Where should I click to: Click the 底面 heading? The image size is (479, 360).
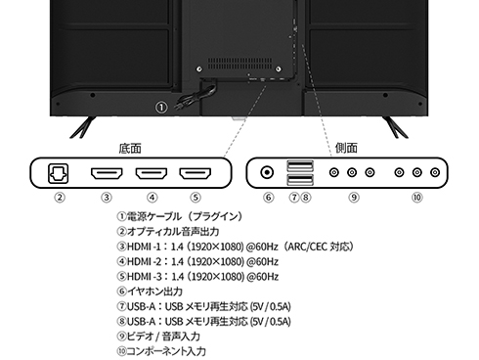click(130, 149)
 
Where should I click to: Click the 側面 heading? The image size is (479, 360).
click(346, 149)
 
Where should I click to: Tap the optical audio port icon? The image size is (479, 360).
click(60, 174)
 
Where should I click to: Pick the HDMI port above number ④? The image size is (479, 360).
click(151, 174)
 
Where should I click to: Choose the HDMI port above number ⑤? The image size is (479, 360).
click(196, 174)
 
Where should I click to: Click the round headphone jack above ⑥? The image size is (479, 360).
click(266, 173)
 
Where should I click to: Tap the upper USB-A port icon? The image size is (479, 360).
click(299, 166)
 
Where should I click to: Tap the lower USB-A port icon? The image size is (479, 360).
click(299, 180)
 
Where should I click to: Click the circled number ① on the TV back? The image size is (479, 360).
click(161, 108)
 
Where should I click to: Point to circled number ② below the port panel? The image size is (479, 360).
click(60, 198)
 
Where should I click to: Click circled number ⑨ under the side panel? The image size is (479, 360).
click(353, 198)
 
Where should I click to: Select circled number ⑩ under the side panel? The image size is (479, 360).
click(416, 198)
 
